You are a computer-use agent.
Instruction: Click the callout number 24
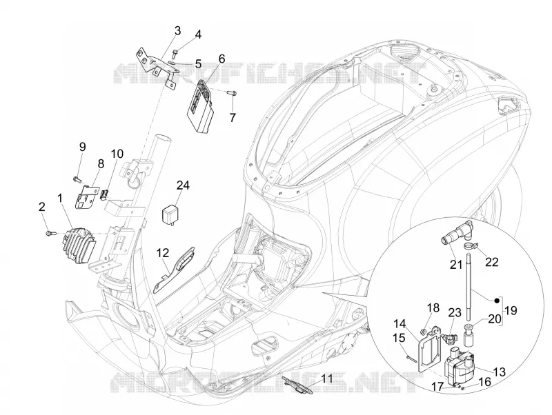183,185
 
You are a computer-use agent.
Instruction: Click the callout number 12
163,253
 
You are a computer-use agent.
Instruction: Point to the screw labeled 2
49,232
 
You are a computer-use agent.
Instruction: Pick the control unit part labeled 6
199,106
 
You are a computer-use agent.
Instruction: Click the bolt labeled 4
175,54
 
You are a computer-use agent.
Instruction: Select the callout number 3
177,30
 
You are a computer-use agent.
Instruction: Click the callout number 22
492,262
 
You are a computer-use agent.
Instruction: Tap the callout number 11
327,378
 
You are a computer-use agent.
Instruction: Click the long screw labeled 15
411,358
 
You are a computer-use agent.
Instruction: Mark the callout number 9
82,147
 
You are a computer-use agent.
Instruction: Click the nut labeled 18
424,331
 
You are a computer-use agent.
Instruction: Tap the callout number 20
495,318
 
